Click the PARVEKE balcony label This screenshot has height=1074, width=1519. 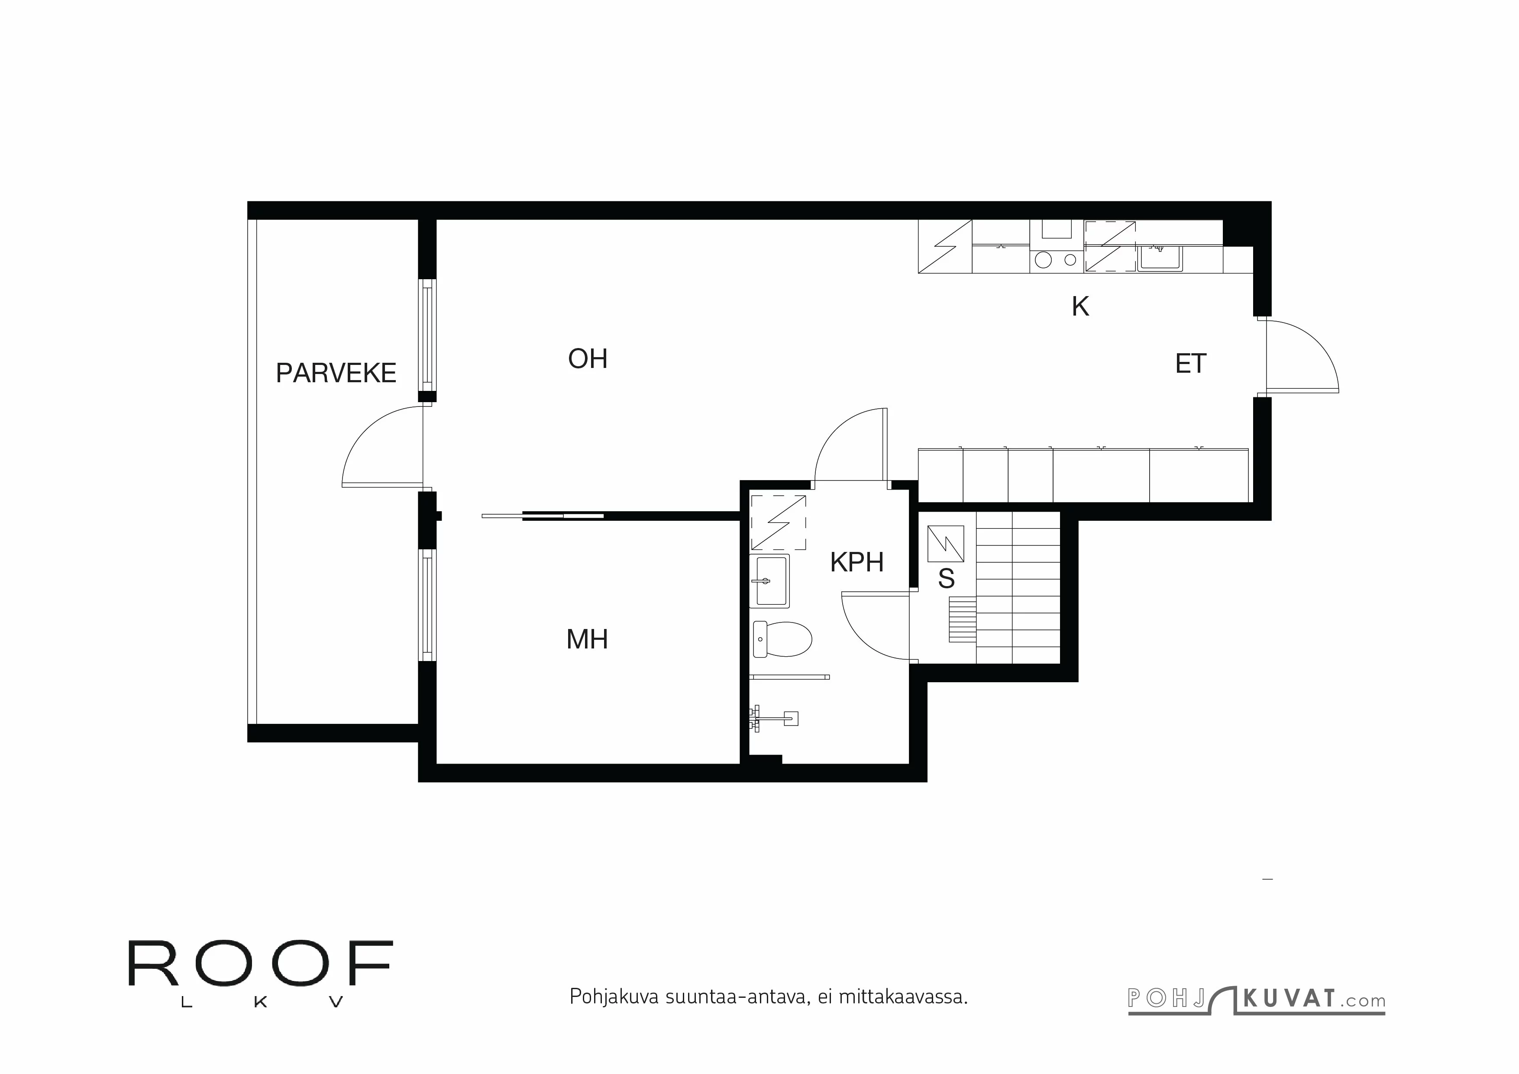336,374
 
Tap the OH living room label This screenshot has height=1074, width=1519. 588,359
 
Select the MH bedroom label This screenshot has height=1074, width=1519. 587,639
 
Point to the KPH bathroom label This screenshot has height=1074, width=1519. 857,562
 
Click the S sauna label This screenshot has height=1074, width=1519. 946,579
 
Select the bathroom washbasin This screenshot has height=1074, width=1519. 769,581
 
